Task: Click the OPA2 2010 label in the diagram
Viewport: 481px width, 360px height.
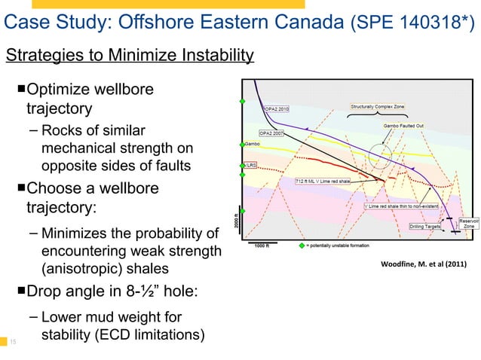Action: point(276,108)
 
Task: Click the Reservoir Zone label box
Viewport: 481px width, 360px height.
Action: point(468,224)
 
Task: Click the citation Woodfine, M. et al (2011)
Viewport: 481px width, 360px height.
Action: point(424,264)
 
